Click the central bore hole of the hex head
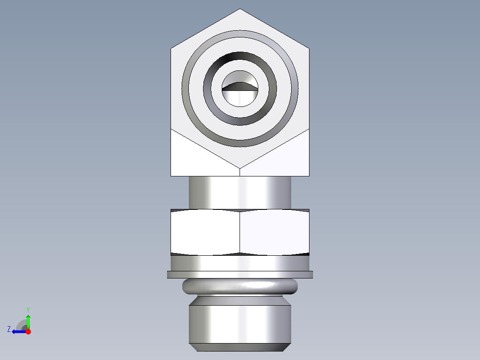(240, 89)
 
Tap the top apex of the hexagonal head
(240, 10)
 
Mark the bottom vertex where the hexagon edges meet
(240, 168)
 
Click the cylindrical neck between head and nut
(240, 192)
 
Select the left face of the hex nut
(205, 232)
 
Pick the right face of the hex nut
(275, 232)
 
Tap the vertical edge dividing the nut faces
(240, 232)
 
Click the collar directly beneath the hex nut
(240, 263)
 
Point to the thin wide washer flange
(240, 274)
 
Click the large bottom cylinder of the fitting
(240, 323)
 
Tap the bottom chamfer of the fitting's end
(240, 347)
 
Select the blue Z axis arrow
(18, 331)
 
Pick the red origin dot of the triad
(28, 331)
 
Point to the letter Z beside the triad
(9, 329)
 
